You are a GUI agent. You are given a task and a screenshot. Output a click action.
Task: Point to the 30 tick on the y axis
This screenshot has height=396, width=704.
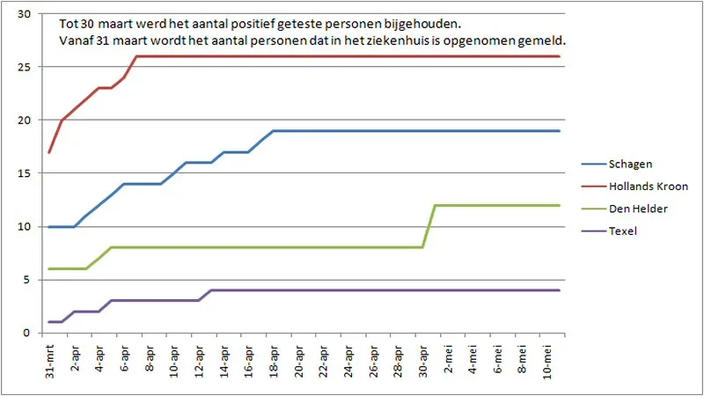click(x=24, y=14)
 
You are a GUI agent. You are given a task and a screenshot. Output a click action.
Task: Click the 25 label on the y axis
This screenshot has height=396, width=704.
click(x=24, y=67)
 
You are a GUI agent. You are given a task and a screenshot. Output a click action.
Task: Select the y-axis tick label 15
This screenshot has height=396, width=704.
click(x=24, y=173)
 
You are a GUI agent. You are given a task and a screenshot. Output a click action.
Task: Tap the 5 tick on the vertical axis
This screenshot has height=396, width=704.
click(x=27, y=280)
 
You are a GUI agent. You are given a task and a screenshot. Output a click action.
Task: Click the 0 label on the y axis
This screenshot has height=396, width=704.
click(x=27, y=334)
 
